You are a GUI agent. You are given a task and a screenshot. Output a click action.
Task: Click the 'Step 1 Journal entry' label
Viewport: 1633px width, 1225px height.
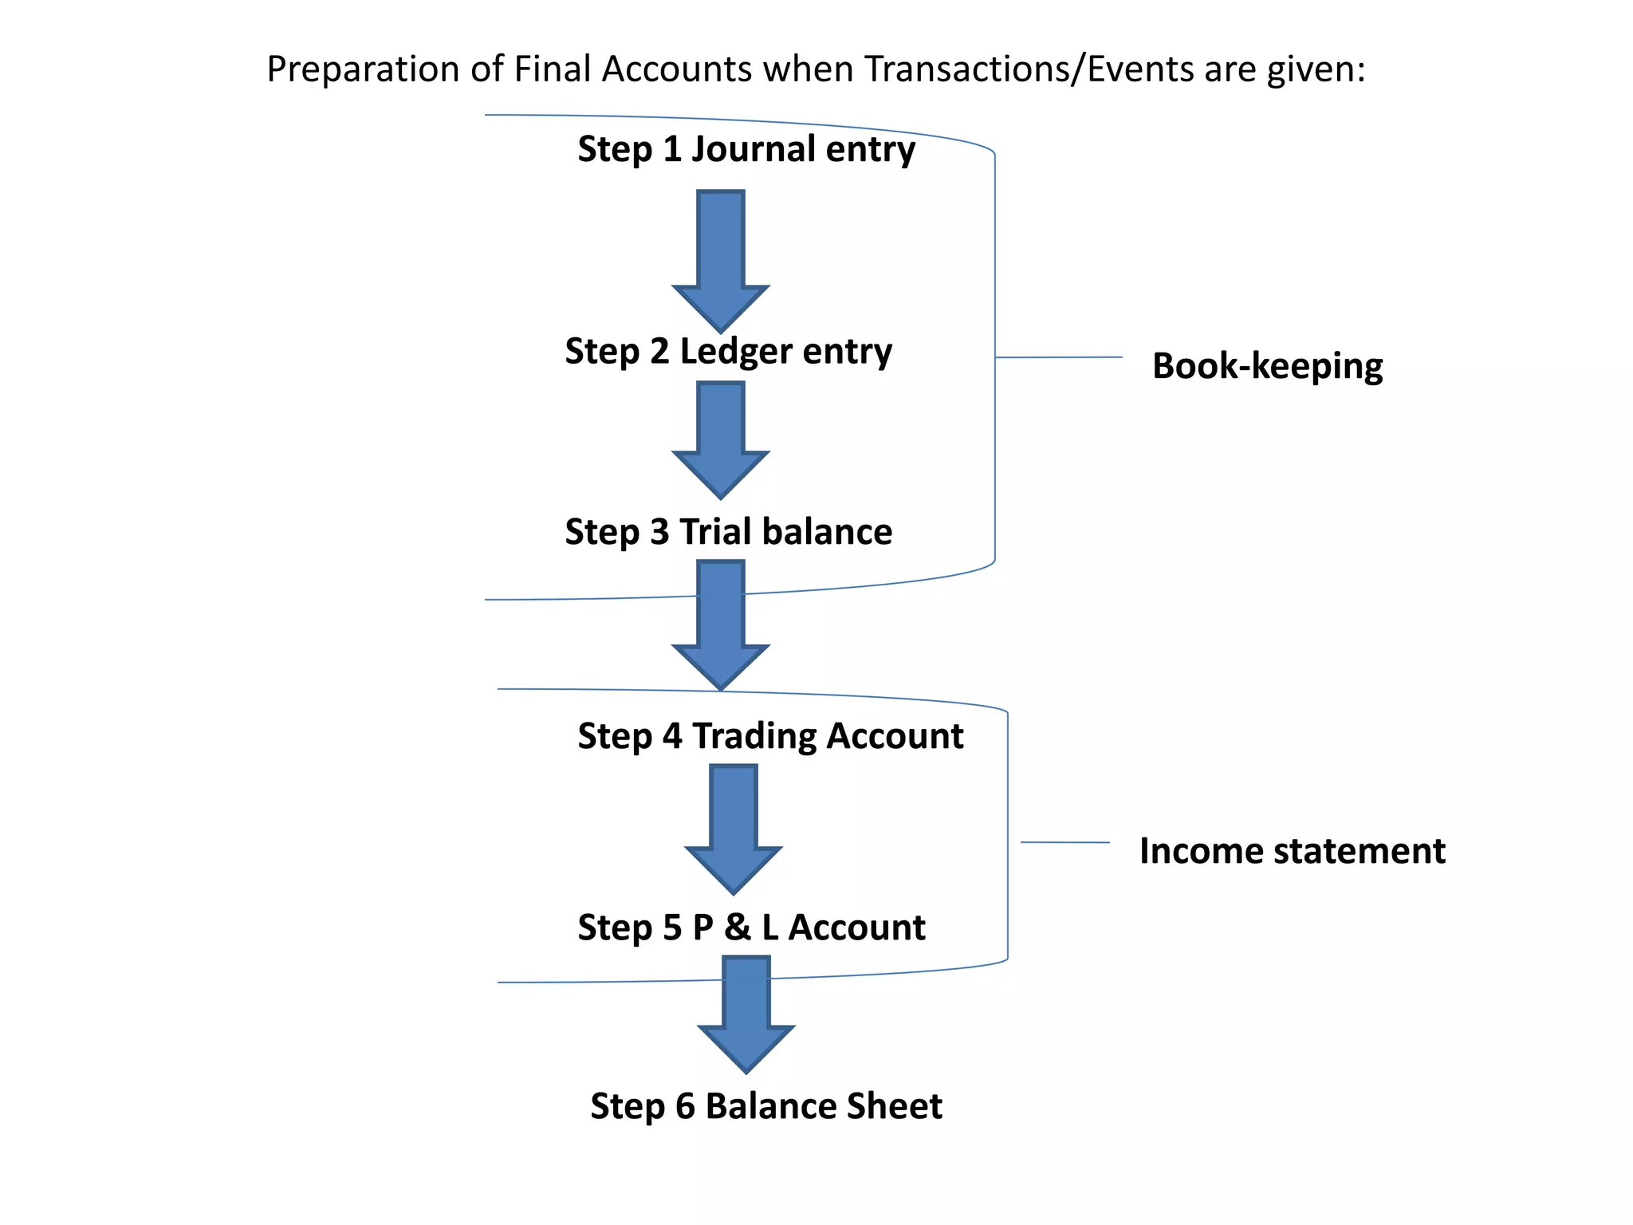(x=746, y=150)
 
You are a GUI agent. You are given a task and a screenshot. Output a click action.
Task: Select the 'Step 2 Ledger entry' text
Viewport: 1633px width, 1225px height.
(x=728, y=352)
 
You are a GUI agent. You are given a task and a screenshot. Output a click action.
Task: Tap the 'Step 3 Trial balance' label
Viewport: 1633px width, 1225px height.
(x=728, y=532)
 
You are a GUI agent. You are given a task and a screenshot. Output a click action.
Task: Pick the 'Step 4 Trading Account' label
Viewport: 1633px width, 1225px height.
(x=770, y=736)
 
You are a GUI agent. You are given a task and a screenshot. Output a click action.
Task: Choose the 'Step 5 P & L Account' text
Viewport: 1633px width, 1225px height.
(x=751, y=928)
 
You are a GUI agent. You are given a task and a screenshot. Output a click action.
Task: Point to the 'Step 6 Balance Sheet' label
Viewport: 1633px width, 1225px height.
(x=765, y=1106)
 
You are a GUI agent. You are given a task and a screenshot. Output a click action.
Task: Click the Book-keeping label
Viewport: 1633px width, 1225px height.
(x=1267, y=366)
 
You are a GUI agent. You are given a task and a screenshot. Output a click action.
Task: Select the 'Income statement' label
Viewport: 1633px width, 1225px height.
(x=1292, y=851)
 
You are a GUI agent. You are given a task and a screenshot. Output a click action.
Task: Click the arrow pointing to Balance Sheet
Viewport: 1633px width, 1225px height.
(x=746, y=1013)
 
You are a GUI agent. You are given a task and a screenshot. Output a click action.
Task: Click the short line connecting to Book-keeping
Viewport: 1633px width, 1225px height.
(x=1059, y=357)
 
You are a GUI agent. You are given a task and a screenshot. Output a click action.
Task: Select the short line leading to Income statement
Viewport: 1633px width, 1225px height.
(x=1065, y=842)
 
